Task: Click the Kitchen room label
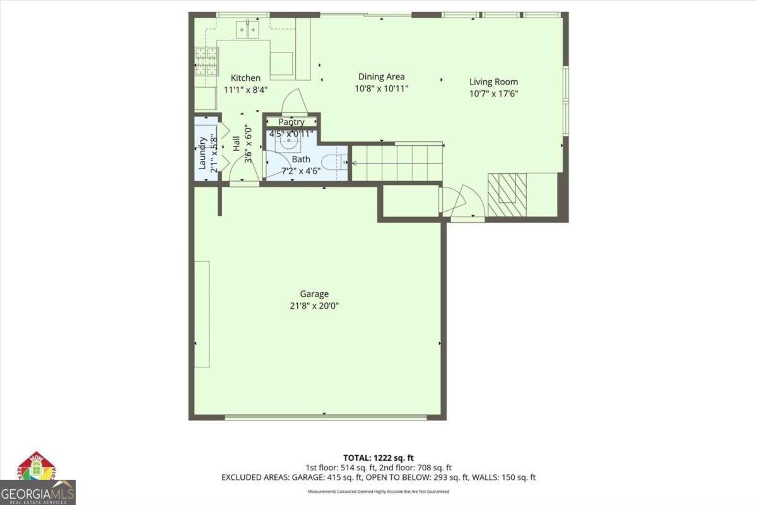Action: pyautogui.click(x=245, y=78)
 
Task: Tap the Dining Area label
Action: pyautogui.click(x=381, y=77)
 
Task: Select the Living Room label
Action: pyautogui.click(x=493, y=81)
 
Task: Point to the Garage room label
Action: pyautogui.click(x=314, y=294)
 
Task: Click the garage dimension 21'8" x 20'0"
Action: pyautogui.click(x=314, y=306)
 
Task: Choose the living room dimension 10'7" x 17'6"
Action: pyautogui.click(x=493, y=94)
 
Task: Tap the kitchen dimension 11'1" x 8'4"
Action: pyautogui.click(x=245, y=90)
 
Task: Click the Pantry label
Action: pyautogui.click(x=291, y=122)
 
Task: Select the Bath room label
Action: pyautogui.click(x=301, y=160)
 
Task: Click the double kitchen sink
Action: pyautogui.click(x=247, y=30)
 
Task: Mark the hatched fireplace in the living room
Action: pyautogui.click(x=507, y=196)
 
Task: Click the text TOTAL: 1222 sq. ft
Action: pyautogui.click(x=378, y=458)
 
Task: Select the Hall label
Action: pyautogui.click(x=236, y=143)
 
